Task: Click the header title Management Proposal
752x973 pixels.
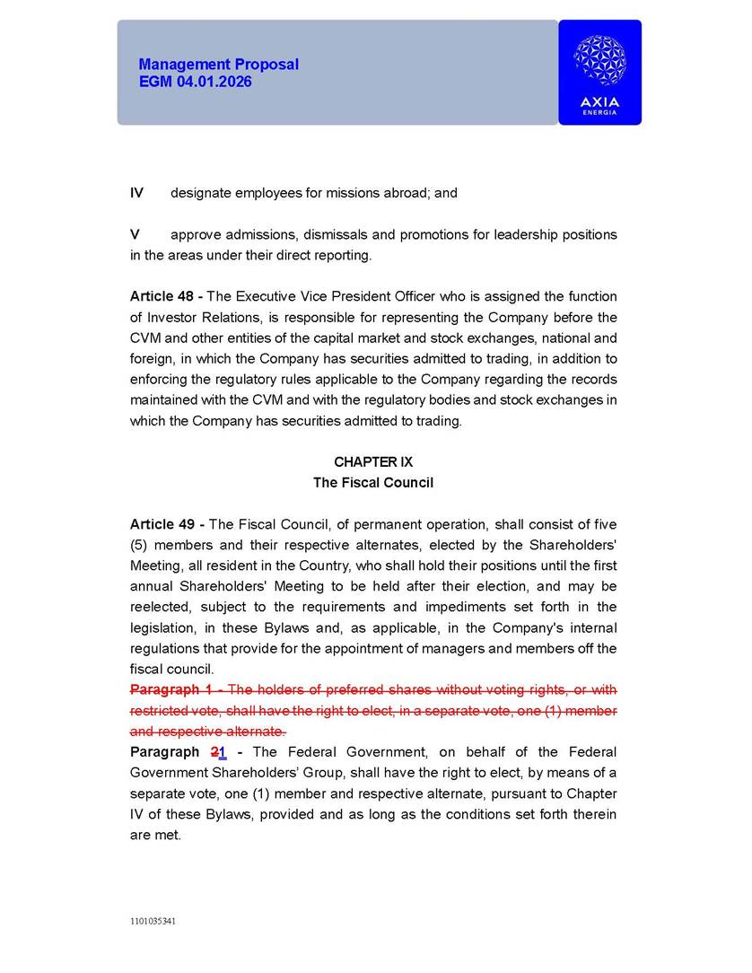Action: pos(218,65)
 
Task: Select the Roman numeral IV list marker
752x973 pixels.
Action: pos(136,193)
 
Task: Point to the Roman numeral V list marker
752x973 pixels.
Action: pos(135,234)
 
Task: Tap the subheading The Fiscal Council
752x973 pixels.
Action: pos(372,483)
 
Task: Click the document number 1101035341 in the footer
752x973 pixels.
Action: pos(151,921)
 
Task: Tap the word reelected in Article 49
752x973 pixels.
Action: pos(162,608)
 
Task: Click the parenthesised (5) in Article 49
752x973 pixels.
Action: pos(140,546)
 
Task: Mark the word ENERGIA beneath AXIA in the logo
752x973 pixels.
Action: pos(599,112)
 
